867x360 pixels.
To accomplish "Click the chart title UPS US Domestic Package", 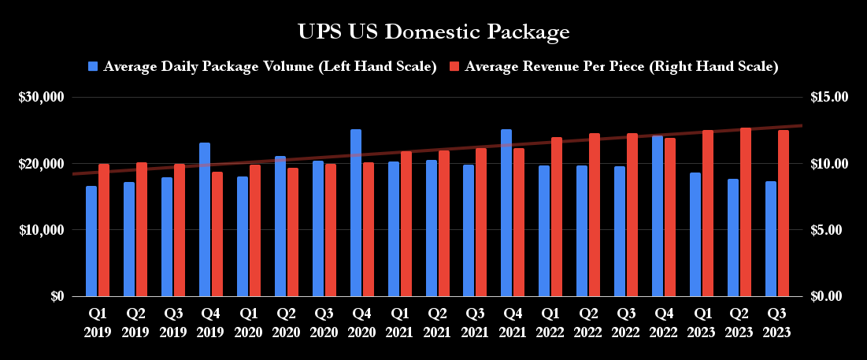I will point(433,32).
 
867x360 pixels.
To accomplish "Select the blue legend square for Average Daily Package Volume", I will point(94,67).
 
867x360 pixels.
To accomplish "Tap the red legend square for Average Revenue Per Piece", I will point(455,67).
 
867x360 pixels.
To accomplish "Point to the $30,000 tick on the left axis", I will point(41,98).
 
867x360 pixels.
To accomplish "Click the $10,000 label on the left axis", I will point(41,230).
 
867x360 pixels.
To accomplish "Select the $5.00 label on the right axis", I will point(830,230).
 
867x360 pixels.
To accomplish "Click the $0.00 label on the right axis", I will point(830,296).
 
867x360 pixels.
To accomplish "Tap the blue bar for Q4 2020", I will point(356,213).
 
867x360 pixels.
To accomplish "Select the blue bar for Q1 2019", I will point(91,241).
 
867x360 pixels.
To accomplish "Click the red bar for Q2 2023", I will point(746,212).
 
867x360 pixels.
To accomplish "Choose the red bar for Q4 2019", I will point(217,234).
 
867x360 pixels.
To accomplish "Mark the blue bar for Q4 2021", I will point(506,213).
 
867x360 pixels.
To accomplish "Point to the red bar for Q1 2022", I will point(557,217).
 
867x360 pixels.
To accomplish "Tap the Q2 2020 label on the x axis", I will point(287,322).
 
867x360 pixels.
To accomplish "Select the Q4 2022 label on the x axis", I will point(664,322).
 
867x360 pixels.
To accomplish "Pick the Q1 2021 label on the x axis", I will point(399,322).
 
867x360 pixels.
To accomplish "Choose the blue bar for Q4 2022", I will point(658,216).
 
